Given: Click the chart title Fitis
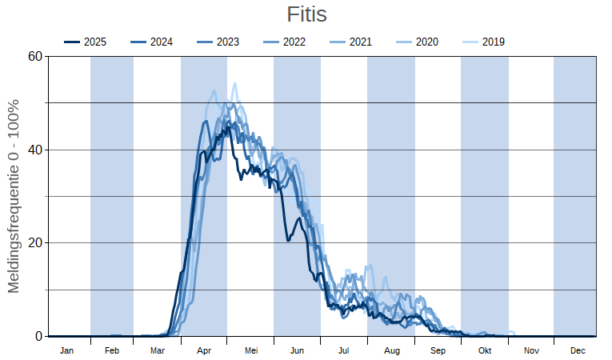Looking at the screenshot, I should click(x=306, y=14).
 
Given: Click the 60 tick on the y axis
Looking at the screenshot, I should click(x=34, y=56).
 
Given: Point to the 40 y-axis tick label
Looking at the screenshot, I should click(x=34, y=150).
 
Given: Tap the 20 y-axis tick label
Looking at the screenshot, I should click(x=34, y=243).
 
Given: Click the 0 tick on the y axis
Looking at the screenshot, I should click(x=38, y=337).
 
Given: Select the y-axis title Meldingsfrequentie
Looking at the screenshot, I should click(x=14, y=196).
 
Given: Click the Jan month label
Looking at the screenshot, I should click(x=67, y=350).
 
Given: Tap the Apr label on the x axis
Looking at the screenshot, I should click(x=204, y=350).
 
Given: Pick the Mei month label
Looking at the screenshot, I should click(x=251, y=350).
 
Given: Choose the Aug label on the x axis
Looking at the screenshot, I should click(x=391, y=350).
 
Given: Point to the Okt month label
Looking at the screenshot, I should click(x=485, y=350).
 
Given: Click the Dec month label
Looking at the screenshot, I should click(x=578, y=350).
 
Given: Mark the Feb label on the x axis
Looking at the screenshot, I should click(x=112, y=350).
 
